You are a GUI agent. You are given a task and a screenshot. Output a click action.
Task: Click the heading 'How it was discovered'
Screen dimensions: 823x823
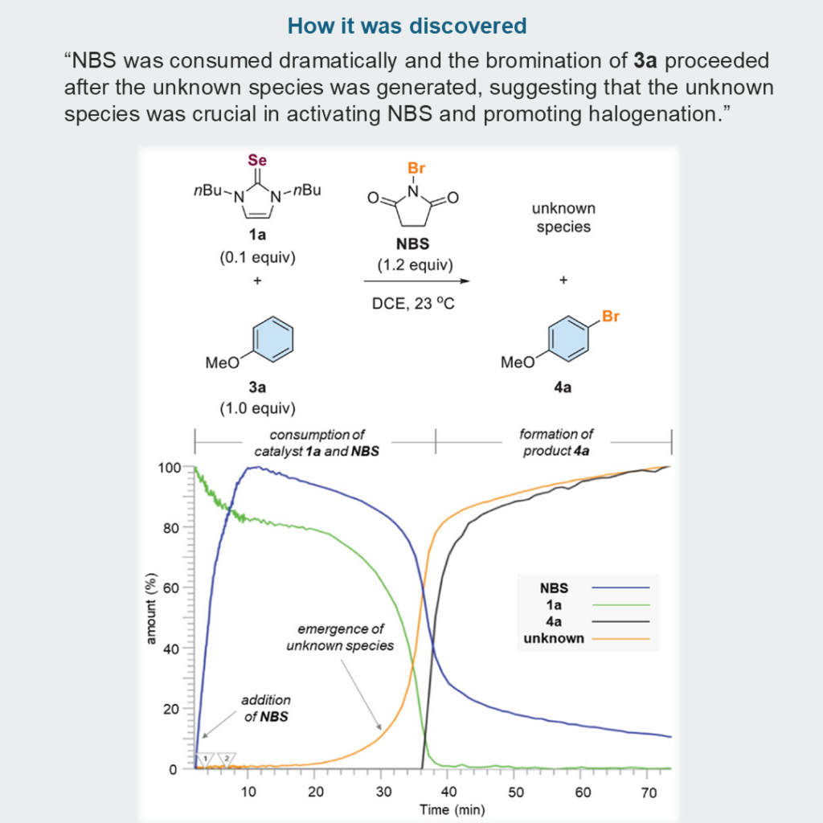407,26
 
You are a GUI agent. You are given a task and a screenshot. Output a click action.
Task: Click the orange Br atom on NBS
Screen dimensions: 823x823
416,169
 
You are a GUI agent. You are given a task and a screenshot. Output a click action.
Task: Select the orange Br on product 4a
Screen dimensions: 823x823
611,317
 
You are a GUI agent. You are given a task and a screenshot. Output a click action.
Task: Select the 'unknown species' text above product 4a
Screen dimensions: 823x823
563,218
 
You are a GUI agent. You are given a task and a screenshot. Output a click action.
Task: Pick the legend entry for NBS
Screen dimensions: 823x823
554,588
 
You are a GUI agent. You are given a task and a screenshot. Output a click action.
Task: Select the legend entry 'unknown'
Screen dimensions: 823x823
554,639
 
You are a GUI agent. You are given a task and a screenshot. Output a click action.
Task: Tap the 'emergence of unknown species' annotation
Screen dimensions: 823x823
340,637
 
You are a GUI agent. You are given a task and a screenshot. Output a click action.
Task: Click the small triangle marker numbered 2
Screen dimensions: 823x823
227,757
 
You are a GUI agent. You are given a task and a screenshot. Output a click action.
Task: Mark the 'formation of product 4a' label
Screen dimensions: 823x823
556,442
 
